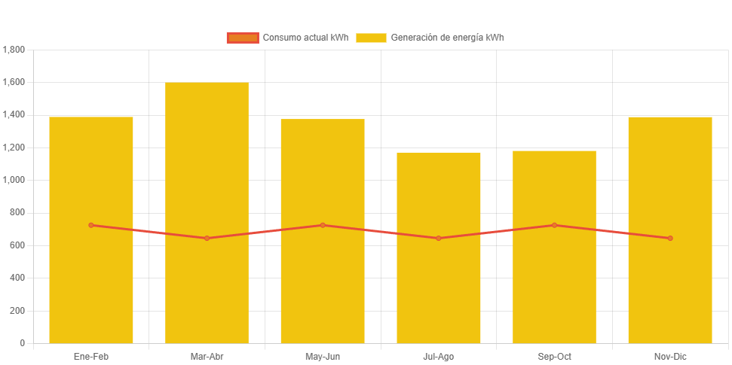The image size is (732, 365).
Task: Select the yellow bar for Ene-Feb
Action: pos(91,286)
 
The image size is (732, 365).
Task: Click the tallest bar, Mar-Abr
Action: pos(207,286)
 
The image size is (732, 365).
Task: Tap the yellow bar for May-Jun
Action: pos(323,286)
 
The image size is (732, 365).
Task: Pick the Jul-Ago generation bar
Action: pos(439,286)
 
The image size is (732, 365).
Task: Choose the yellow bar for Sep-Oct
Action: pos(554,286)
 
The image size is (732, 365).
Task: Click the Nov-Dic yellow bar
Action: pos(670,286)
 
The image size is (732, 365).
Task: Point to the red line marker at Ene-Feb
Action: pos(91,225)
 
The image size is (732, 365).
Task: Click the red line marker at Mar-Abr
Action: pos(207,238)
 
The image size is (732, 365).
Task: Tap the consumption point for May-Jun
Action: pos(323,225)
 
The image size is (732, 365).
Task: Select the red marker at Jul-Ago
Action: pos(439,238)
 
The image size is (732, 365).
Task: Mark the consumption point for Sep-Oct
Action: pos(554,225)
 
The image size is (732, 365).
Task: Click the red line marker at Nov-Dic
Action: pos(670,238)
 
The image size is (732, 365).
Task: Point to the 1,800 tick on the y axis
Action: pos(14,50)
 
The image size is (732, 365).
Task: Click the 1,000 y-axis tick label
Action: pos(14,180)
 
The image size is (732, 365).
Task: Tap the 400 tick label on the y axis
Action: pos(17,278)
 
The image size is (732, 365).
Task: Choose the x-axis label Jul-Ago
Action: pos(439,356)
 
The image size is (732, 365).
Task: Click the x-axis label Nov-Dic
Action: pos(670,356)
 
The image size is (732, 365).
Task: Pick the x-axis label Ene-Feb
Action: pos(91,356)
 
